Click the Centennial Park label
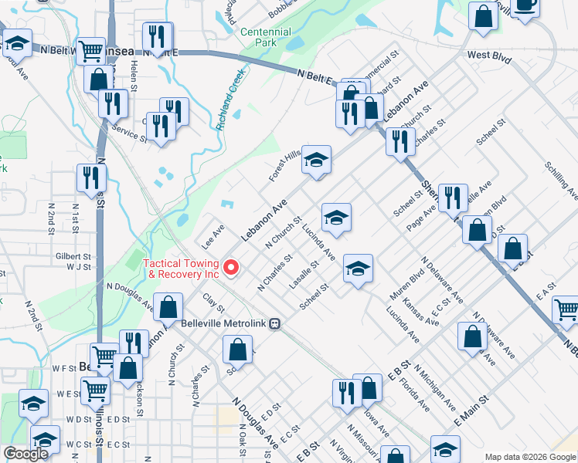(266, 38)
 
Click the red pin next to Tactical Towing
(230, 268)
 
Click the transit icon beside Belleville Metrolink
(274, 325)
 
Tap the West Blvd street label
(490, 56)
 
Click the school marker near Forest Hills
(316, 160)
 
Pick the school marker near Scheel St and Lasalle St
(358, 269)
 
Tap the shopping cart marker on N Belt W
(91, 52)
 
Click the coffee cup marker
(525, 5)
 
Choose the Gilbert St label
(73, 256)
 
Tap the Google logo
(25, 454)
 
